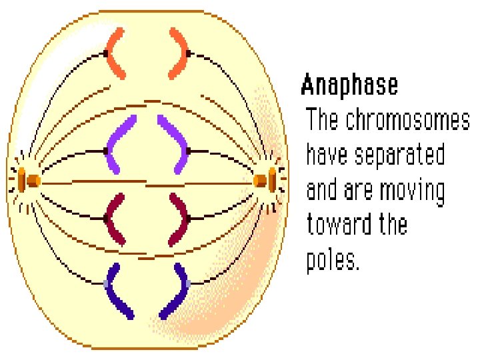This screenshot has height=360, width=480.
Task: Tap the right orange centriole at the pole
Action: [265, 181]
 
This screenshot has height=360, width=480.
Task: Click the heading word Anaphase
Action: [349, 86]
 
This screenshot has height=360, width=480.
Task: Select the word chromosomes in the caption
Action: [407, 121]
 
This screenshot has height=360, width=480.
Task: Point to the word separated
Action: [399, 155]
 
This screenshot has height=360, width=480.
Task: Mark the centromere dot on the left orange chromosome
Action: [106, 53]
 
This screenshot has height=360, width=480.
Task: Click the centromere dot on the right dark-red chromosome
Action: [189, 218]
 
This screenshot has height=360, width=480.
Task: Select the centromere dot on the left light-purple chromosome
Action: [107, 151]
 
